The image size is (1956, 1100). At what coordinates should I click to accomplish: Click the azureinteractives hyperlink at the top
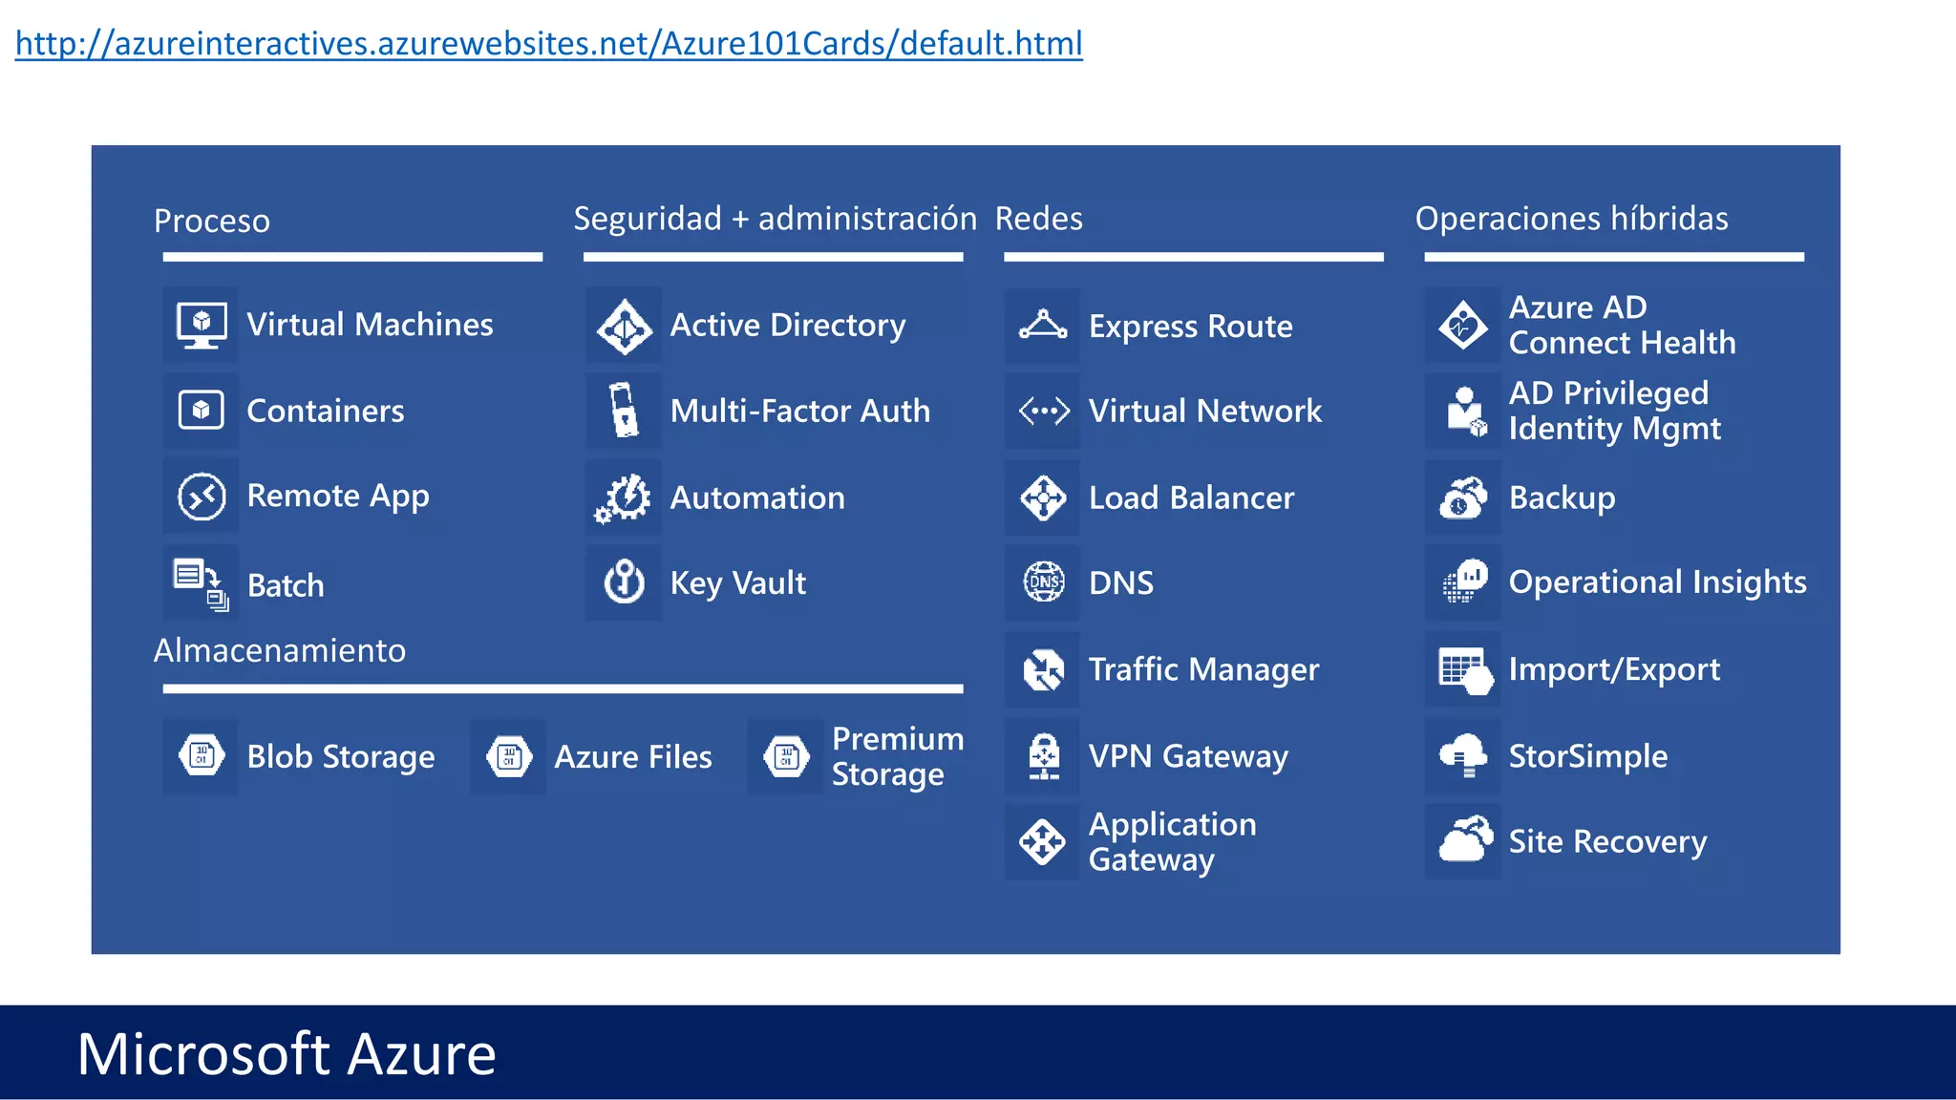pyautogui.click(x=548, y=44)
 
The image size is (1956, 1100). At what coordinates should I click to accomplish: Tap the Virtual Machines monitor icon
pyautogui.click(x=202, y=325)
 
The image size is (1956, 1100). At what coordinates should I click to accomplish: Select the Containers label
pyautogui.click(x=325, y=411)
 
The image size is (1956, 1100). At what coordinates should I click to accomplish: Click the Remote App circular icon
pyautogui.click(x=202, y=497)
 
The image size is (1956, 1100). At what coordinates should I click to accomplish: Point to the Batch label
pyautogui.click(x=286, y=585)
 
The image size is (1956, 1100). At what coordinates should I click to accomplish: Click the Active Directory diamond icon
pyautogui.click(x=625, y=326)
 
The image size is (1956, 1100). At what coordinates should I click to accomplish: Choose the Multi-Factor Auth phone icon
pyautogui.click(x=625, y=411)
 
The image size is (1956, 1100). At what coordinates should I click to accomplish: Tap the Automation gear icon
pyautogui.click(x=625, y=497)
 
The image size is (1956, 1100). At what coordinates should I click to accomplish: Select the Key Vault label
pyautogui.click(x=737, y=583)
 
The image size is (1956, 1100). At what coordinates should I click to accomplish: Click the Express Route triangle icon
pyautogui.click(x=1043, y=326)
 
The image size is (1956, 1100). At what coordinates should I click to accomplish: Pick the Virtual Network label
pyautogui.click(x=1204, y=412)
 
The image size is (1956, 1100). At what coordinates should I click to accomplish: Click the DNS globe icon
pyautogui.click(x=1044, y=582)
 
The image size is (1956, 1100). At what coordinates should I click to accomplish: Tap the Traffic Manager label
pyautogui.click(x=1203, y=669)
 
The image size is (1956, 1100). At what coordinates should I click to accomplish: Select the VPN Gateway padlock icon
pyautogui.click(x=1044, y=756)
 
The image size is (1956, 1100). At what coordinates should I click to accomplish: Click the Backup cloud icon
pyautogui.click(x=1463, y=497)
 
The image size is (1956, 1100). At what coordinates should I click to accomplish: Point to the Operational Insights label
pyautogui.click(x=1657, y=582)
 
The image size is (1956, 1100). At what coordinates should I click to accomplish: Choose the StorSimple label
pyautogui.click(x=1587, y=756)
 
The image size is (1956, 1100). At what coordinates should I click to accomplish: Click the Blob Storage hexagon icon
pyautogui.click(x=202, y=756)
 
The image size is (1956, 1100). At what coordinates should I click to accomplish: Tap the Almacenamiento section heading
pyautogui.click(x=280, y=650)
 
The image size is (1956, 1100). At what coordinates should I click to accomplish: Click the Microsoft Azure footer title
pyautogui.click(x=287, y=1054)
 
